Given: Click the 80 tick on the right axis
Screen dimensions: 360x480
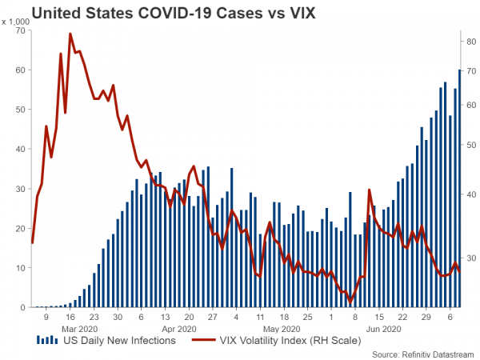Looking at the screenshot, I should pyautogui.click(x=472, y=41).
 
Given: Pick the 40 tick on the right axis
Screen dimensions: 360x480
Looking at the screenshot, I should pyautogui.click(x=472, y=194).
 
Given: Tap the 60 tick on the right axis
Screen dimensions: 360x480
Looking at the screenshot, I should pyautogui.click(x=472, y=105).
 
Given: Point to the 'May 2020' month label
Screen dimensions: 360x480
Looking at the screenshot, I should pyautogui.click(x=281, y=328).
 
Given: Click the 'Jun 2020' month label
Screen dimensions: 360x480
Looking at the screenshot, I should pyautogui.click(x=383, y=328).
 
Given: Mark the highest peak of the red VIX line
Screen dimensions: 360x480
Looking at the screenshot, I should pyautogui.click(x=70, y=34).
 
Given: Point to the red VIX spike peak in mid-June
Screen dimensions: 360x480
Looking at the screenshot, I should pyautogui.click(x=369, y=190).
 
